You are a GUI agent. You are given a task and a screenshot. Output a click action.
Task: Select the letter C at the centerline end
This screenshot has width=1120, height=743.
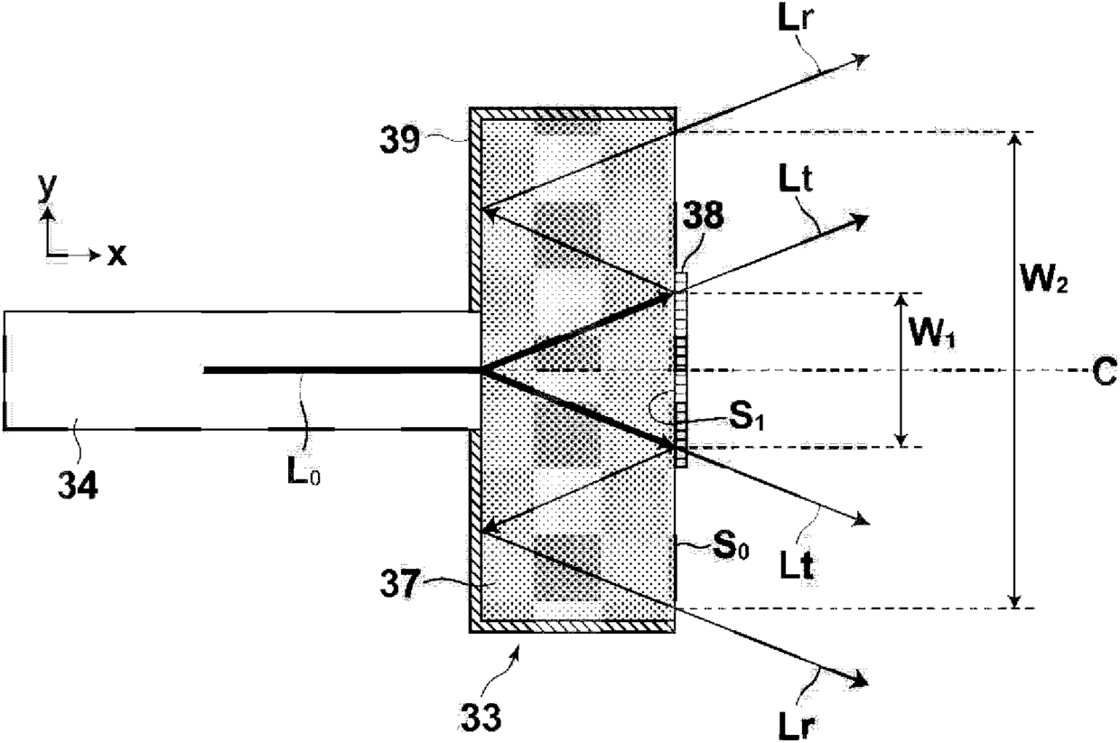coord(1101,371)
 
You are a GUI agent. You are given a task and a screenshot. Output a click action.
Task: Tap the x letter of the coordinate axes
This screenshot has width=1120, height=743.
coord(117,256)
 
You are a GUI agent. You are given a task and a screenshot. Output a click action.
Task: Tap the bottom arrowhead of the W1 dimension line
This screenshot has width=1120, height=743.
coord(901,441)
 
